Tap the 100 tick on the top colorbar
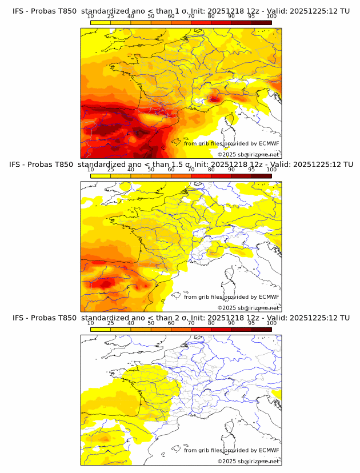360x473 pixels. click(271, 16)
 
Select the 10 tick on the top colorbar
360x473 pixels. click(91, 16)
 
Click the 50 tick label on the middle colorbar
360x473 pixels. click(151, 169)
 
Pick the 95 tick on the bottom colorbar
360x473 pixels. click(251, 323)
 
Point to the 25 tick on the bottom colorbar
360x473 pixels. click(111, 323)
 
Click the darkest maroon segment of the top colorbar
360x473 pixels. click(261, 22)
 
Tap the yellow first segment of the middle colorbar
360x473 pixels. click(101, 176)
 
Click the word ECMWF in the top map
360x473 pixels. click(269, 143)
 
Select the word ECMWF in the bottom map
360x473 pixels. click(269, 450)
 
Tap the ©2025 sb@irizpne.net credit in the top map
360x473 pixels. click(248, 154)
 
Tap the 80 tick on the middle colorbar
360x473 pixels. click(211, 169)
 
